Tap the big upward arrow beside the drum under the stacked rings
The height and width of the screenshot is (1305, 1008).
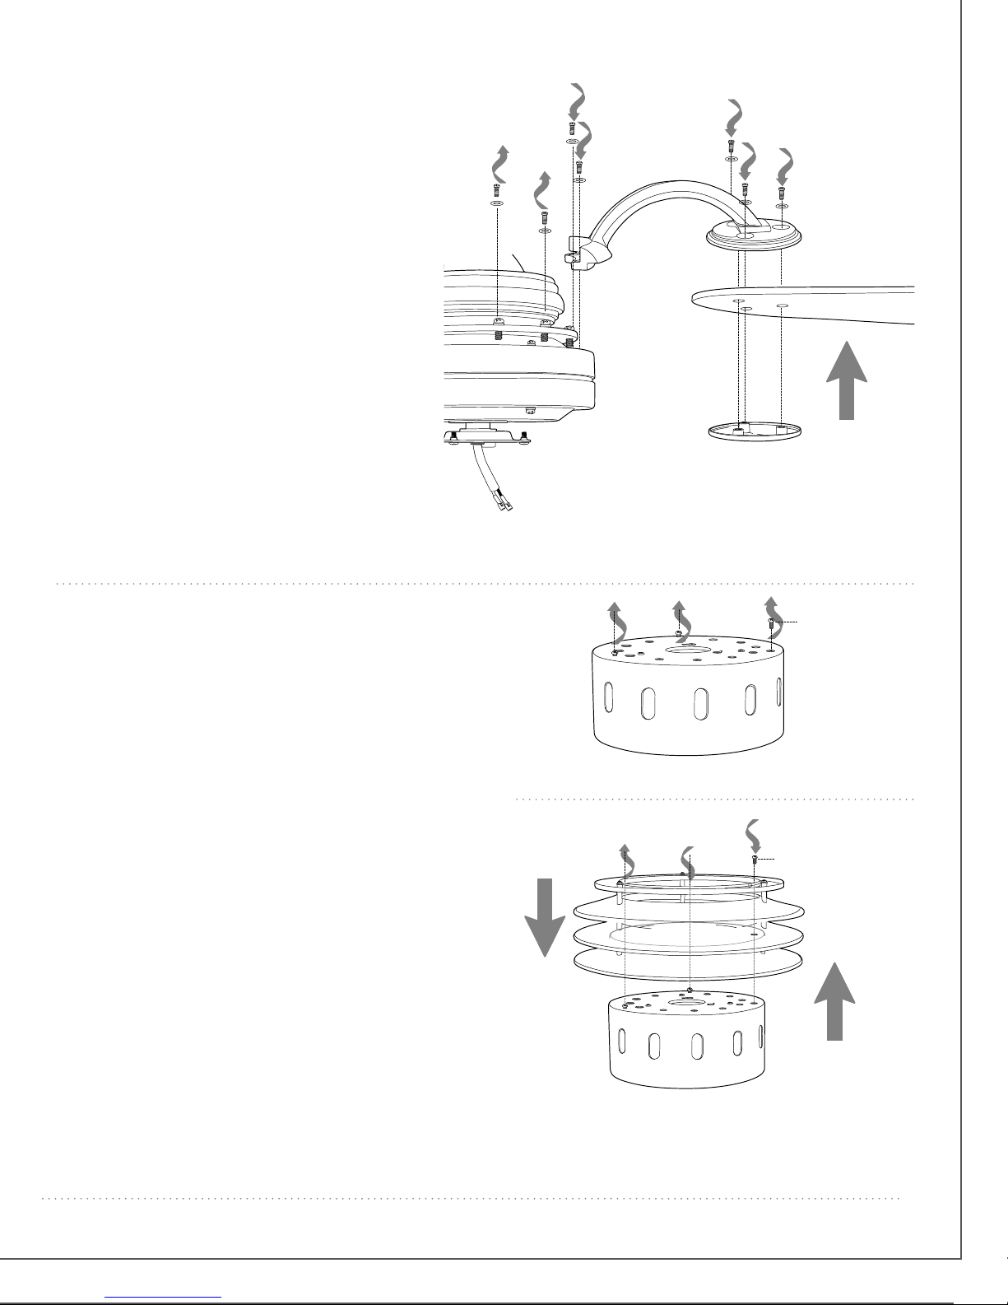(835, 1002)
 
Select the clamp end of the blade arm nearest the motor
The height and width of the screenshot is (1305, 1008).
(585, 254)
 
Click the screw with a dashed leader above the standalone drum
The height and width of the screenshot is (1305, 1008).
(770, 627)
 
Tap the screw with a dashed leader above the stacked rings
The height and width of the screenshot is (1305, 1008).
(755, 861)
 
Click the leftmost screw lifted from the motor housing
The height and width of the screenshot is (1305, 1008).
(497, 190)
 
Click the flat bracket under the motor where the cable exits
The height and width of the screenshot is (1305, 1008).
(485, 436)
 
